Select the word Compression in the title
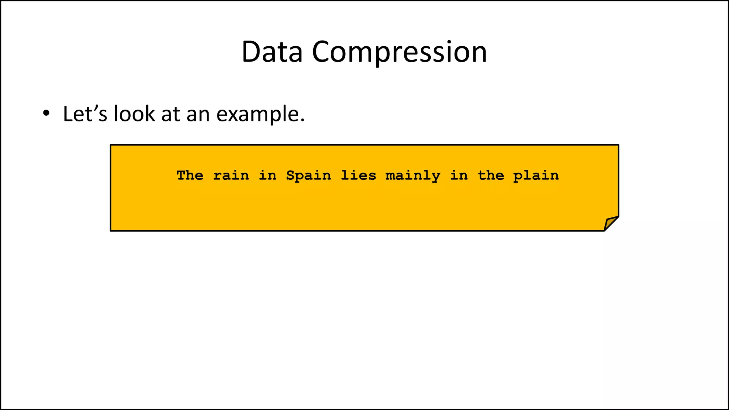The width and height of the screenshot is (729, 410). pos(399,53)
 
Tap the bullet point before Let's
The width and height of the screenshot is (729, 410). pos(46,114)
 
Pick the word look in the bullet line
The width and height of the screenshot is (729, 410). pos(134,114)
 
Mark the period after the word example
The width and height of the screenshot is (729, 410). pos(303,120)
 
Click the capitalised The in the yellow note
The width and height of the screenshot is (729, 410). pos(190,175)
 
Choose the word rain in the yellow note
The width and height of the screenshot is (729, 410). pos(231,175)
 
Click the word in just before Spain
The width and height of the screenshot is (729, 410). pos(268,175)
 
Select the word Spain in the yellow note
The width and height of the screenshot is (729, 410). pos(309,176)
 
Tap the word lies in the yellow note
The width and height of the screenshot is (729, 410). pos(358,175)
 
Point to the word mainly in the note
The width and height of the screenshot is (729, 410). pos(413,176)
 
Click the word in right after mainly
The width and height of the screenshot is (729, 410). pos(459,175)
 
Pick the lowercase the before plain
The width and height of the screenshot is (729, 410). pos(491,175)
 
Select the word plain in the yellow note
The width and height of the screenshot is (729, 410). pos(536,176)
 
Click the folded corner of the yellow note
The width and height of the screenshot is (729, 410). pos(611,224)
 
